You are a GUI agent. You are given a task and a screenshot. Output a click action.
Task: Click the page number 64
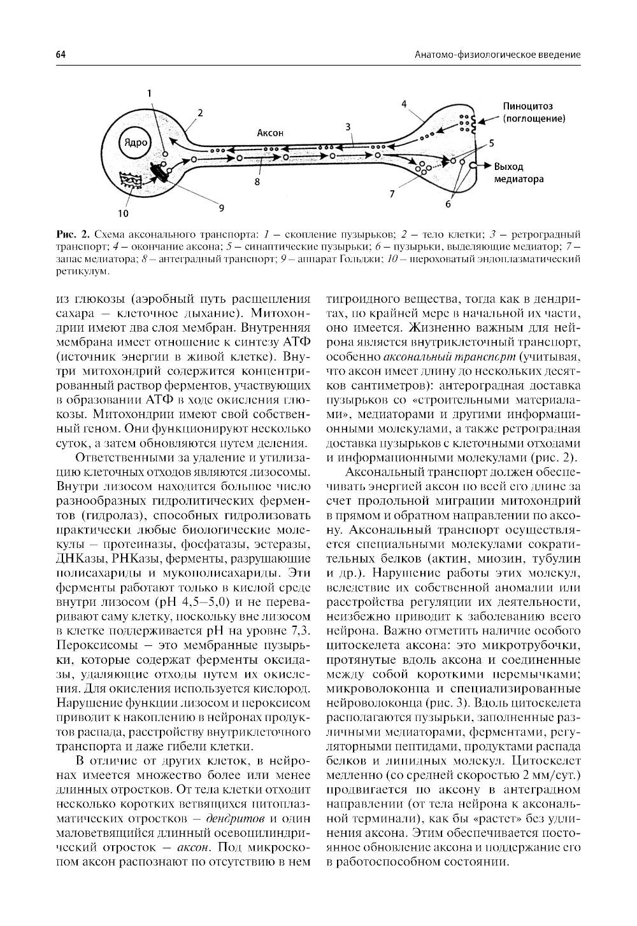pyautogui.click(x=61, y=55)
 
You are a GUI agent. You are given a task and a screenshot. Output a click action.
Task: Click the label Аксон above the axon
pyautogui.click(x=269, y=133)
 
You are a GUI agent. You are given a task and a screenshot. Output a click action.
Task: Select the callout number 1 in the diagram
pyautogui.click(x=150, y=94)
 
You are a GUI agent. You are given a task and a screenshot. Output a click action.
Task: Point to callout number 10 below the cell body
pyautogui.click(x=122, y=213)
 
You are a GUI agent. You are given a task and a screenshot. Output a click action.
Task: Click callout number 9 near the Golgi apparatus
pyautogui.click(x=222, y=207)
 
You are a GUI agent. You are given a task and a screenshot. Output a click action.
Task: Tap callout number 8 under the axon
pyautogui.click(x=257, y=181)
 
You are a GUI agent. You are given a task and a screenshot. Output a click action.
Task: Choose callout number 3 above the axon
pyautogui.click(x=348, y=127)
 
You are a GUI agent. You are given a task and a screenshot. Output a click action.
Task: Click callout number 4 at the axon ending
pyautogui.click(x=404, y=103)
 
